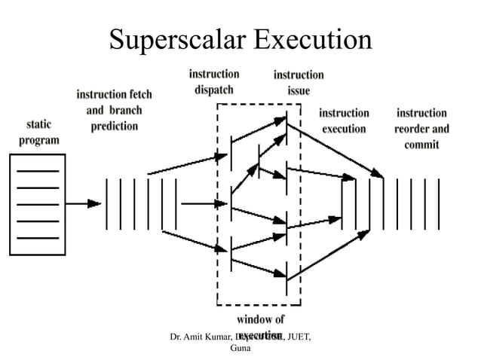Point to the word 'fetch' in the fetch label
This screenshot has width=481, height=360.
pyautogui.click(x=136, y=96)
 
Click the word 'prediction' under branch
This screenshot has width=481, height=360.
pyautogui.click(x=115, y=126)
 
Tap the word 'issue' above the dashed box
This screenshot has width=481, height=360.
pyautogui.click(x=299, y=91)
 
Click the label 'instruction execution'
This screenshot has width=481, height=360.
pyautogui.click(x=345, y=121)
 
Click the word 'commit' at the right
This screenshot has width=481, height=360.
pyautogui.click(x=421, y=144)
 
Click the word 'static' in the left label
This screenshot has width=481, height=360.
pyautogui.click(x=39, y=124)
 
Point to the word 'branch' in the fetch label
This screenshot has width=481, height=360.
pyautogui.click(x=125, y=111)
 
